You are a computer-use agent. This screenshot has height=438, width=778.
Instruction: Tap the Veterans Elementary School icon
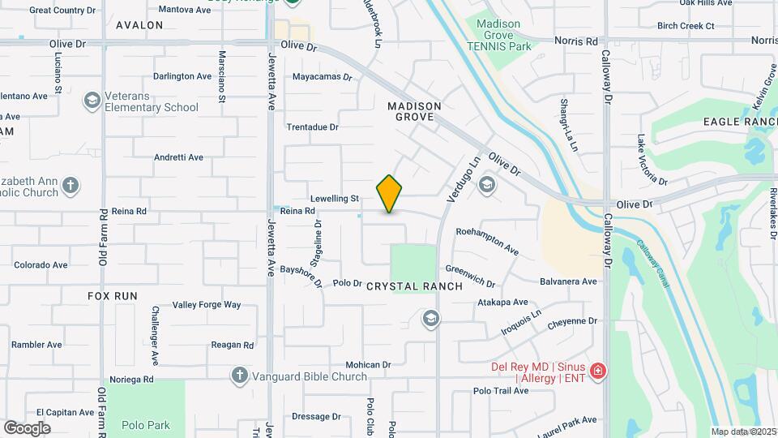(x=92, y=101)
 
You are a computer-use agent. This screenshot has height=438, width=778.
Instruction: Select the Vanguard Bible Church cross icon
(x=239, y=375)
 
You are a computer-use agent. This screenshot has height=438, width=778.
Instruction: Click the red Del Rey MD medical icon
(x=598, y=371)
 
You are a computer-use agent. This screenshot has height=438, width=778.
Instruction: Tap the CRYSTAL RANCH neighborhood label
(x=414, y=286)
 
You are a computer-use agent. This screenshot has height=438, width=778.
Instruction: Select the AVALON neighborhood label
(x=139, y=25)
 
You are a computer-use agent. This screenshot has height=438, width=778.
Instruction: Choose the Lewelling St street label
(x=334, y=198)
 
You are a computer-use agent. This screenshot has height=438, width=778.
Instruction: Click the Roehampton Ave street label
(x=487, y=241)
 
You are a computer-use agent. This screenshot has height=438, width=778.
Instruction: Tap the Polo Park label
(x=146, y=424)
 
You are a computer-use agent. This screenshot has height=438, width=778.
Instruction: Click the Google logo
(x=27, y=427)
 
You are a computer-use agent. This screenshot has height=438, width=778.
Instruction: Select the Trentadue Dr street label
(x=312, y=127)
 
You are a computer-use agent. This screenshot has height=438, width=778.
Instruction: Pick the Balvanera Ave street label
(x=568, y=281)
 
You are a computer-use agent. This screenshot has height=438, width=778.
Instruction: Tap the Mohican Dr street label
(x=368, y=365)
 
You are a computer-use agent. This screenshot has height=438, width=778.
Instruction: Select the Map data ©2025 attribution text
(x=743, y=432)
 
